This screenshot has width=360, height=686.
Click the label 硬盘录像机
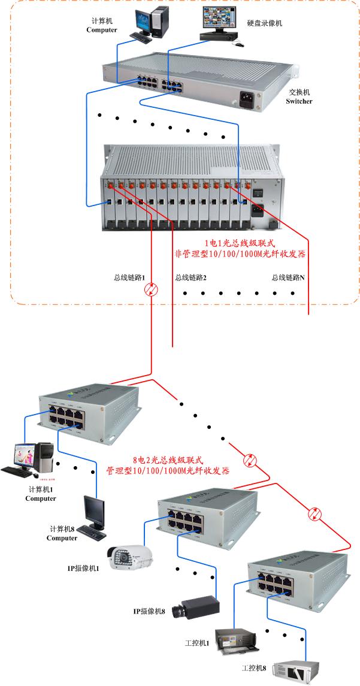click(x=264, y=23)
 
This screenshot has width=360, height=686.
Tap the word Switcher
click(x=300, y=101)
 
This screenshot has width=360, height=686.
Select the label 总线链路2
click(x=190, y=277)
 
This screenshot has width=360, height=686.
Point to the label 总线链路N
click(x=288, y=277)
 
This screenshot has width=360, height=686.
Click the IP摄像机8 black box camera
click(x=195, y=607)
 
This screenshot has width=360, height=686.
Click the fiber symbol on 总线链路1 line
click(x=151, y=291)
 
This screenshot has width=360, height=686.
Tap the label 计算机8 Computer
click(x=62, y=533)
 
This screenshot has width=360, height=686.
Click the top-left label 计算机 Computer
click(x=102, y=25)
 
